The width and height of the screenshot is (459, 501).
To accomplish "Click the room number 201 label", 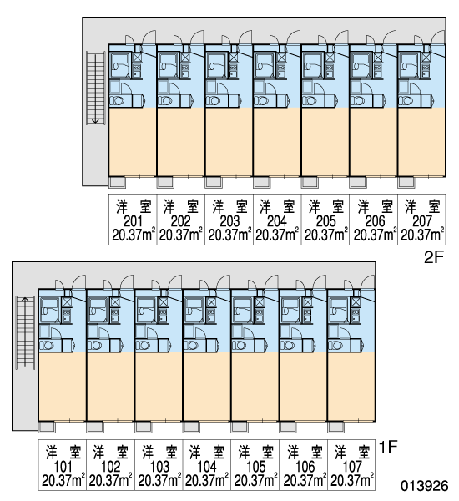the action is [133, 220].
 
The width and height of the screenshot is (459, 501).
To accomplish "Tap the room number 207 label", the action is [422, 220].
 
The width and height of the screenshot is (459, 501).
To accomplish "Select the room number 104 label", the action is [207, 467].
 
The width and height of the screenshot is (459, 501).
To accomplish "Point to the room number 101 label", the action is [63, 467].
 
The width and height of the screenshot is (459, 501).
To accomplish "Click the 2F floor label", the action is [434, 257].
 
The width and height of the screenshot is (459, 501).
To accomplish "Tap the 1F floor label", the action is [388, 447].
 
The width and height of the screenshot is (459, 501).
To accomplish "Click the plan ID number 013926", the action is [425, 486].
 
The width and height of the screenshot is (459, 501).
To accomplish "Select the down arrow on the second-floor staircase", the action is [95, 120].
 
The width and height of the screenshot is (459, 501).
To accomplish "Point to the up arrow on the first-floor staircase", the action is [25, 300].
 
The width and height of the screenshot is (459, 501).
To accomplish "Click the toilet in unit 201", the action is [117, 101].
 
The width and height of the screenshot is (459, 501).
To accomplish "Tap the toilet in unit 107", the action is [335, 346].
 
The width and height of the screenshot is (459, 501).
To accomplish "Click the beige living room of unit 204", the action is [276, 142].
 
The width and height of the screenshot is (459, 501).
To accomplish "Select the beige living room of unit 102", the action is [110, 386].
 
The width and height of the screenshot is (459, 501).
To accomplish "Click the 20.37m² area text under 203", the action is [229, 235].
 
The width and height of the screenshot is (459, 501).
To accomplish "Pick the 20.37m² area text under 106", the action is [305, 481].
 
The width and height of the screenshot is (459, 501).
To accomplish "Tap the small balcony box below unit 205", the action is [310, 182].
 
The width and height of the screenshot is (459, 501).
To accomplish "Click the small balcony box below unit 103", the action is [143, 427].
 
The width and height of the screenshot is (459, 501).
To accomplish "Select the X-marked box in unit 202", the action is [185, 58].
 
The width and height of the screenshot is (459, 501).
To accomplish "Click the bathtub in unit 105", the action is [242, 310].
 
